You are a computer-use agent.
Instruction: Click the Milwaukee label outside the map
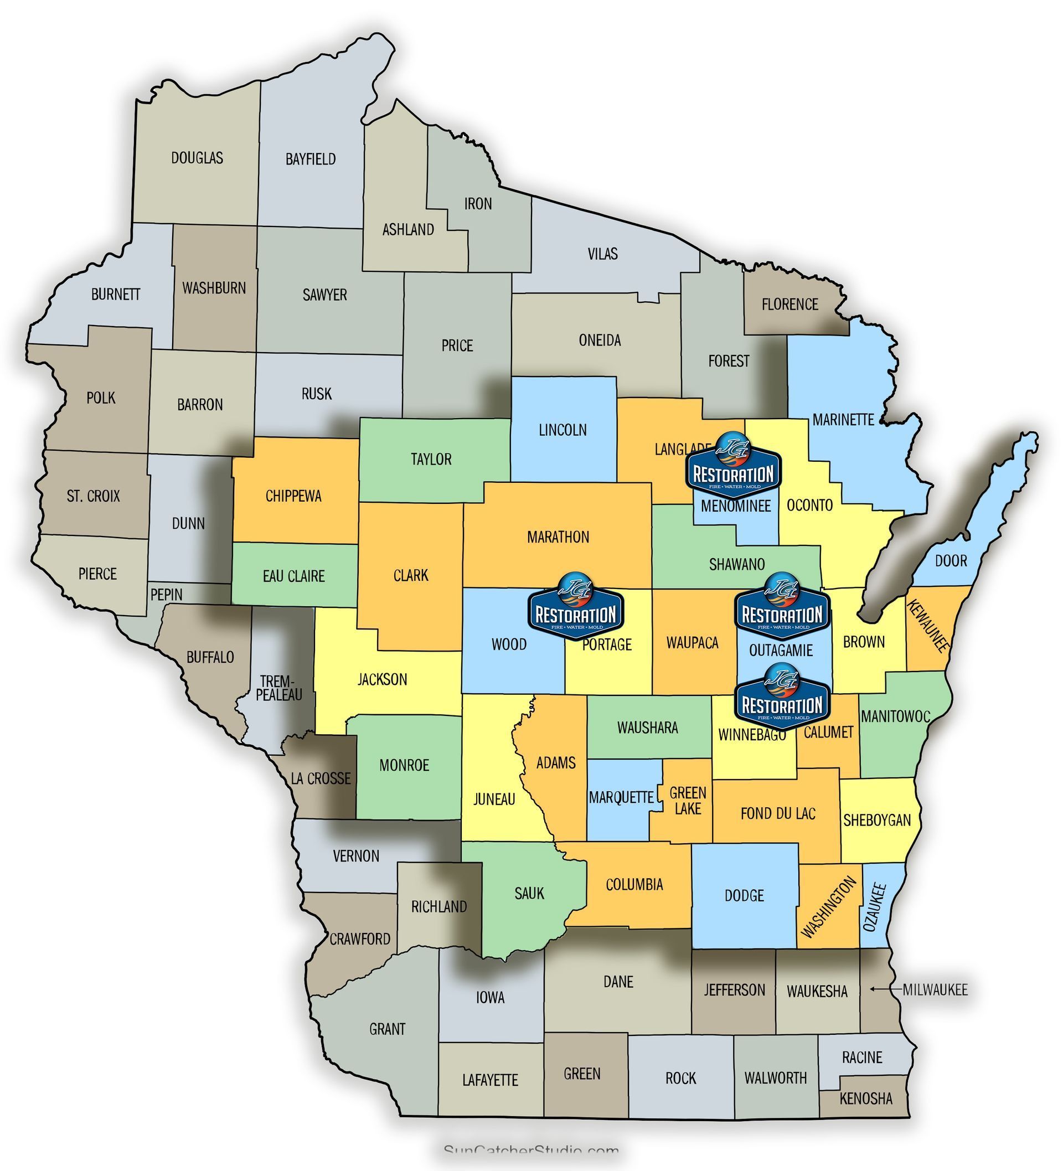935,990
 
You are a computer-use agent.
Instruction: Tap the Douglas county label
197,158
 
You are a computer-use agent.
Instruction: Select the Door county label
951,561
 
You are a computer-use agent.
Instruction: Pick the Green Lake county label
688,801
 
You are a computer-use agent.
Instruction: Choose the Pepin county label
167,595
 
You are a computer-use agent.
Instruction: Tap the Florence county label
789,305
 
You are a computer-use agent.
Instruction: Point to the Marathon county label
558,537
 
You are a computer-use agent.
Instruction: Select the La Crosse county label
321,778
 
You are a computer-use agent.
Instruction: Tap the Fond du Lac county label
778,814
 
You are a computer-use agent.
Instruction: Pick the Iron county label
477,204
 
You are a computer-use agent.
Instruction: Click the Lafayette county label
489,1080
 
